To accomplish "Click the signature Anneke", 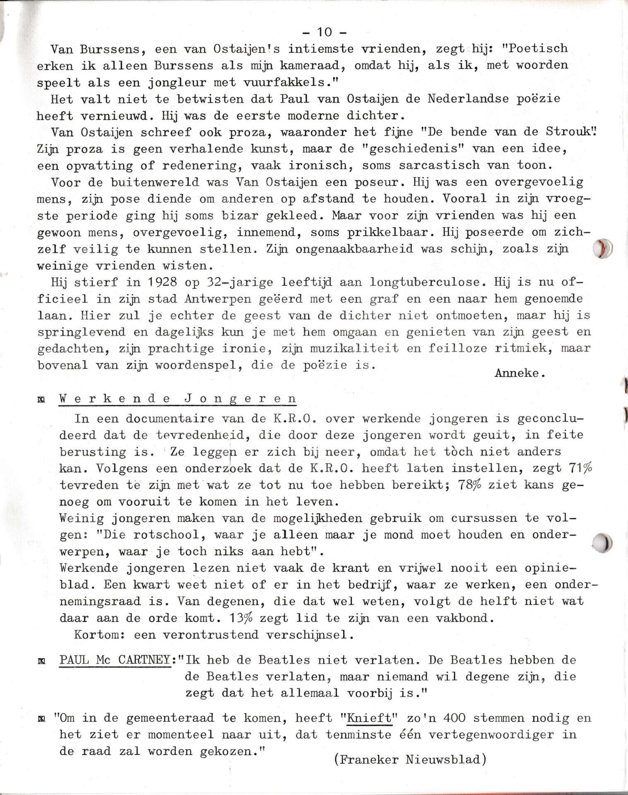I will click(x=520, y=373).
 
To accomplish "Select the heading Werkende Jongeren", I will click(x=178, y=399).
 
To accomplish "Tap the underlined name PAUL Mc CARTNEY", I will click(x=115, y=660).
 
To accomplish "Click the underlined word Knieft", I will click(x=369, y=718).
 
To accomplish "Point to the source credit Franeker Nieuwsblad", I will click(x=410, y=759).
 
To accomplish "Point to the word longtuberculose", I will click(x=428, y=282).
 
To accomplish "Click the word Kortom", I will click(x=99, y=635).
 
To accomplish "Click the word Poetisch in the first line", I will click(x=538, y=48).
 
